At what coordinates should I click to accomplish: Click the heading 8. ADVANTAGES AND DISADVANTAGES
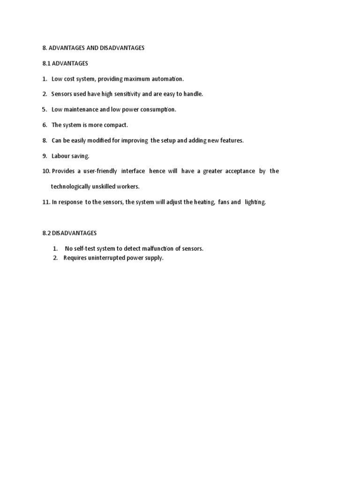(x=93, y=48)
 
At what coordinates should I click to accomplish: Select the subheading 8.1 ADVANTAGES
(x=65, y=63)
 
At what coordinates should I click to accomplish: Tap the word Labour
(x=60, y=156)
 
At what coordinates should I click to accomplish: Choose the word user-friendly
(x=100, y=171)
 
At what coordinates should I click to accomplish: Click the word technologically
(x=71, y=187)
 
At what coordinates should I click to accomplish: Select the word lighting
(x=255, y=202)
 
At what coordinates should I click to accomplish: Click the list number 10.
(x=46, y=171)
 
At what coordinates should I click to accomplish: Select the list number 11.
(x=46, y=202)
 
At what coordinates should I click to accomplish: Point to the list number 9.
(x=45, y=156)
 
